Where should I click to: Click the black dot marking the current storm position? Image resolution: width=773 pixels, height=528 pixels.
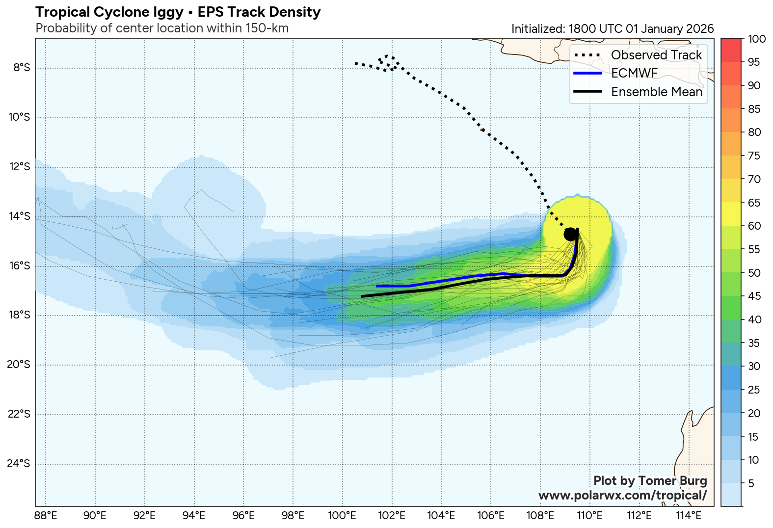tap(570, 234)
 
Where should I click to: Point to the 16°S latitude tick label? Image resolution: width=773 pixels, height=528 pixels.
tap(20, 266)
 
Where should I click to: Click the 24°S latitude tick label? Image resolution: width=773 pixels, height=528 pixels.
tap(20, 464)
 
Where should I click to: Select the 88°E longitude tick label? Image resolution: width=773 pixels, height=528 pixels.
tap(46, 516)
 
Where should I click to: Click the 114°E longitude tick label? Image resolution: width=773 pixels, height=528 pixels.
tap(689, 516)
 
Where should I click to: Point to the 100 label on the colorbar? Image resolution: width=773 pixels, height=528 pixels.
tap(756, 39)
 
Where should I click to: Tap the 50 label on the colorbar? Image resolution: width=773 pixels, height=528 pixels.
tap(754, 273)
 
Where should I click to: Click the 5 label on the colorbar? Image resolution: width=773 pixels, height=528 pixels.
tap(751, 484)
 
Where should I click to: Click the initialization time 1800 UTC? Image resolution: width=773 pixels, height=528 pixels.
tap(595, 29)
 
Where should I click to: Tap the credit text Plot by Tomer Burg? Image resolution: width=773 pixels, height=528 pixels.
tap(650, 481)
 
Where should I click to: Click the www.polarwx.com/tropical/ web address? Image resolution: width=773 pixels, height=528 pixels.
tap(622, 495)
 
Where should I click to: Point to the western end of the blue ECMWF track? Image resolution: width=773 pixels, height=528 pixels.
tap(377, 286)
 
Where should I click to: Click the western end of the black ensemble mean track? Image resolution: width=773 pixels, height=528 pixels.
tap(362, 296)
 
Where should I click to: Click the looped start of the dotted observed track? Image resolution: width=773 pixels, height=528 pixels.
tap(388, 62)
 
